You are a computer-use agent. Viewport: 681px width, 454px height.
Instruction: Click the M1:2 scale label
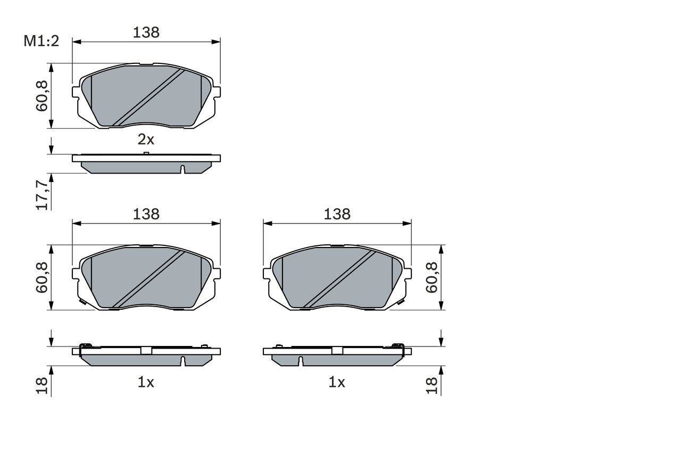click(x=41, y=41)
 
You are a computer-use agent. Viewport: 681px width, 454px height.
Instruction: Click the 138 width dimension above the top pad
click(x=146, y=32)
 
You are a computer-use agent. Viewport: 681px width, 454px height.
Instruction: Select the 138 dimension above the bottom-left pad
click(x=146, y=214)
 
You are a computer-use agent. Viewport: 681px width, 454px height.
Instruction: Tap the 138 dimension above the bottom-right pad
click(x=337, y=214)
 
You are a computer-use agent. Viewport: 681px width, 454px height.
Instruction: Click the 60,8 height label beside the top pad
click(x=43, y=96)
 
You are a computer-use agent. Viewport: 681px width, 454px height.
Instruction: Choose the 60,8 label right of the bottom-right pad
click(x=431, y=277)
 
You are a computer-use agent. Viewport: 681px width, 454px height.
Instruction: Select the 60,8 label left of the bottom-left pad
click(x=43, y=277)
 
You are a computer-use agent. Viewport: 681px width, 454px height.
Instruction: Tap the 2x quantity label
click(x=146, y=140)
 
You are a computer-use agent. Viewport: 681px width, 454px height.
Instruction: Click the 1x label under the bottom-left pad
click(x=146, y=382)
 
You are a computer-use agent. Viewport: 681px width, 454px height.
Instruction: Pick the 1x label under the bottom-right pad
click(x=337, y=382)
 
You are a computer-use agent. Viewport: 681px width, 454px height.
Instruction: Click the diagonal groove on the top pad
click(x=148, y=97)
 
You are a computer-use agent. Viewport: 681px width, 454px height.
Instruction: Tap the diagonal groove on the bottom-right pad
click(x=339, y=279)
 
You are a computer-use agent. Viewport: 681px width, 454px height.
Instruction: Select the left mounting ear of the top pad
click(x=76, y=92)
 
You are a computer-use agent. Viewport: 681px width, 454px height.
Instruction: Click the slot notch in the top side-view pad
click(x=182, y=169)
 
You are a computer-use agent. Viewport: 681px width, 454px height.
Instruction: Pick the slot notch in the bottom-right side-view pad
click(x=301, y=361)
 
